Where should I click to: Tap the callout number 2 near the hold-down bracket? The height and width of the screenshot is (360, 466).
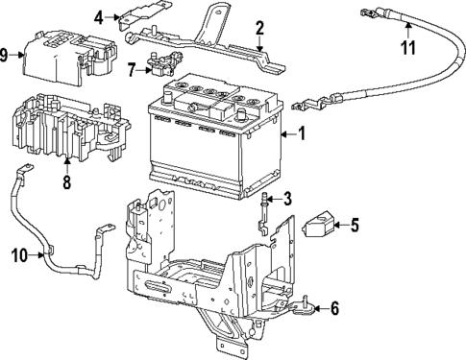coord(258,28)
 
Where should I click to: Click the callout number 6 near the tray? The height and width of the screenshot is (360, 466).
coord(333,309)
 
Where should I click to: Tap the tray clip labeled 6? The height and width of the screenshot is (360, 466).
coord(304,307)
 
